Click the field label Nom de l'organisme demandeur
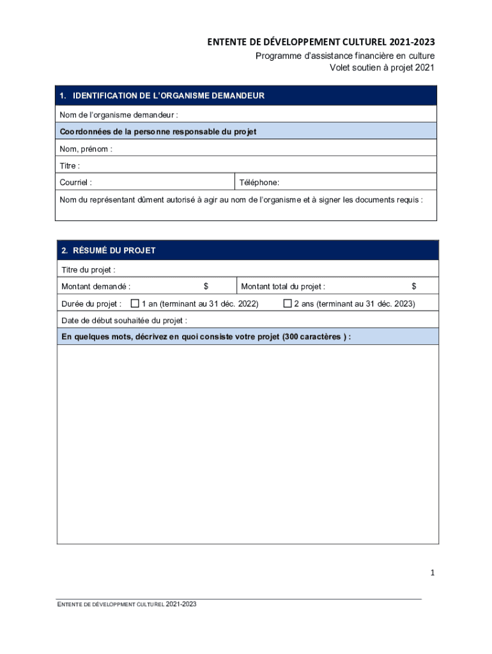pyautogui.click(x=119, y=115)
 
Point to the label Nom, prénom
pyautogui.click(x=86, y=149)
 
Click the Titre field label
pyautogui.click(x=70, y=166)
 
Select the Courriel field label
pyautogui.click(x=75, y=183)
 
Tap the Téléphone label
pyautogui.click(x=259, y=183)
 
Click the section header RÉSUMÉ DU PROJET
pyautogui.click(x=109, y=250)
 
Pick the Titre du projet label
pyautogui.click(x=88, y=270)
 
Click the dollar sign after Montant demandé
pyautogui.click(x=206, y=287)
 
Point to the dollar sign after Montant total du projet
pyautogui.click(x=414, y=287)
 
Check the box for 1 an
pyautogui.click(x=135, y=303)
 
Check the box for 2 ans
pyautogui.click(x=288, y=303)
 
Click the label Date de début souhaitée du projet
pyautogui.click(x=124, y=321)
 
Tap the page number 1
pyautogui.click(x=433, y=573)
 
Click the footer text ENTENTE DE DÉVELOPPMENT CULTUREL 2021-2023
pyautogui.click(x=127, y=604)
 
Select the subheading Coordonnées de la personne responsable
pyautogui.click(x=158, y=132)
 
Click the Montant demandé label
pyautogui.click(x=96, y=287)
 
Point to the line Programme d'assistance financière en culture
pyautogui.click(x=345, y=56)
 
